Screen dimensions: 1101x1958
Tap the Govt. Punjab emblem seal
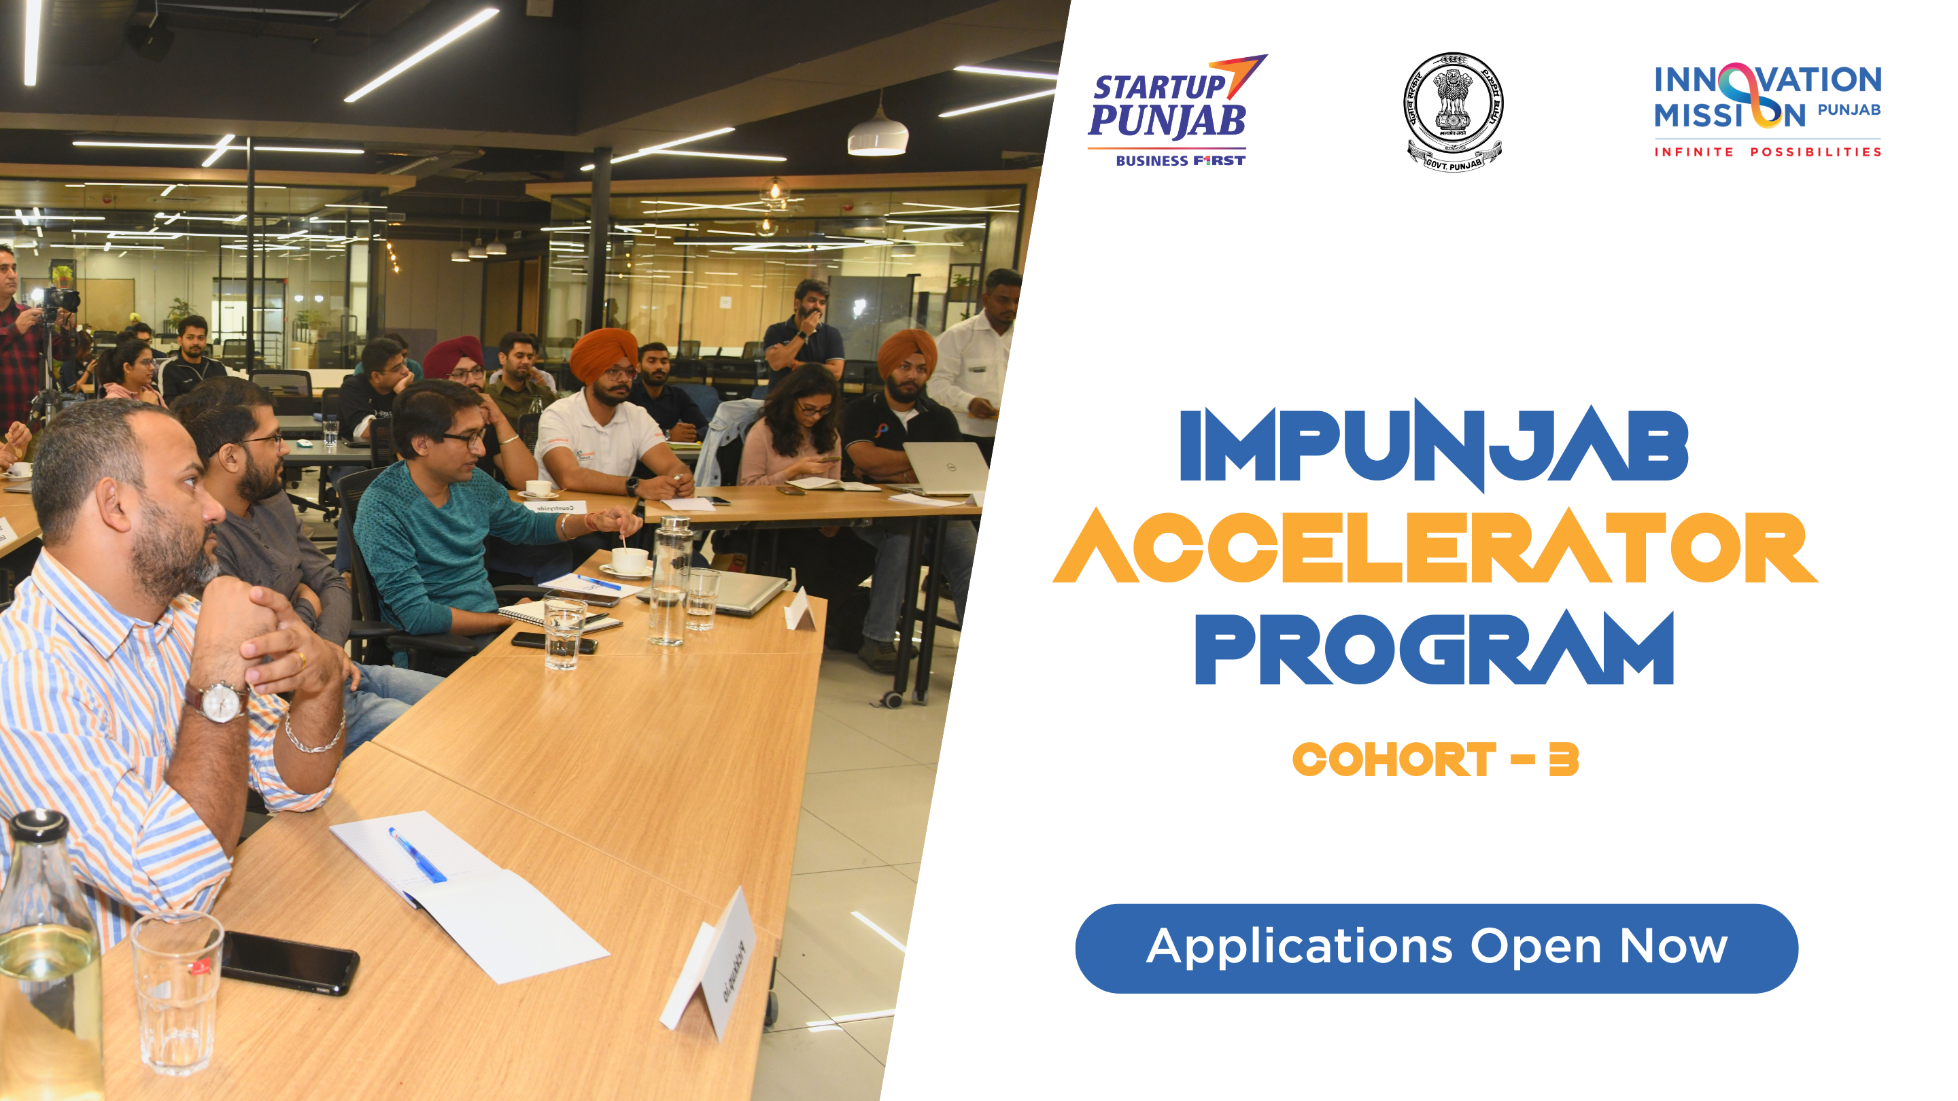click(1453, 111)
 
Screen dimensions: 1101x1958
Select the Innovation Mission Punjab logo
click(1767, 109)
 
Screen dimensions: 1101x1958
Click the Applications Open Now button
click(1436, 947)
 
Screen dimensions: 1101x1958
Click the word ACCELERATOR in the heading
click(1435, 547)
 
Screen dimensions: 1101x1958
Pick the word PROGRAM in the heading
click(1435, 650)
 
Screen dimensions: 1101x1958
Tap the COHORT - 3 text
click(1435, 759)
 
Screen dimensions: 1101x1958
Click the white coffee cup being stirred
click(630, 561)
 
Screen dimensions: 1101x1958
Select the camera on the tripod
click(61, 298)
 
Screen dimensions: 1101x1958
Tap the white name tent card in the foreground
click(710, 964)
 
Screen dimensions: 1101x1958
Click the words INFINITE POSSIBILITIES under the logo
click(1767, 152)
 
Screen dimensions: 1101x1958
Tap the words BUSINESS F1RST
click(1180, 160)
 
